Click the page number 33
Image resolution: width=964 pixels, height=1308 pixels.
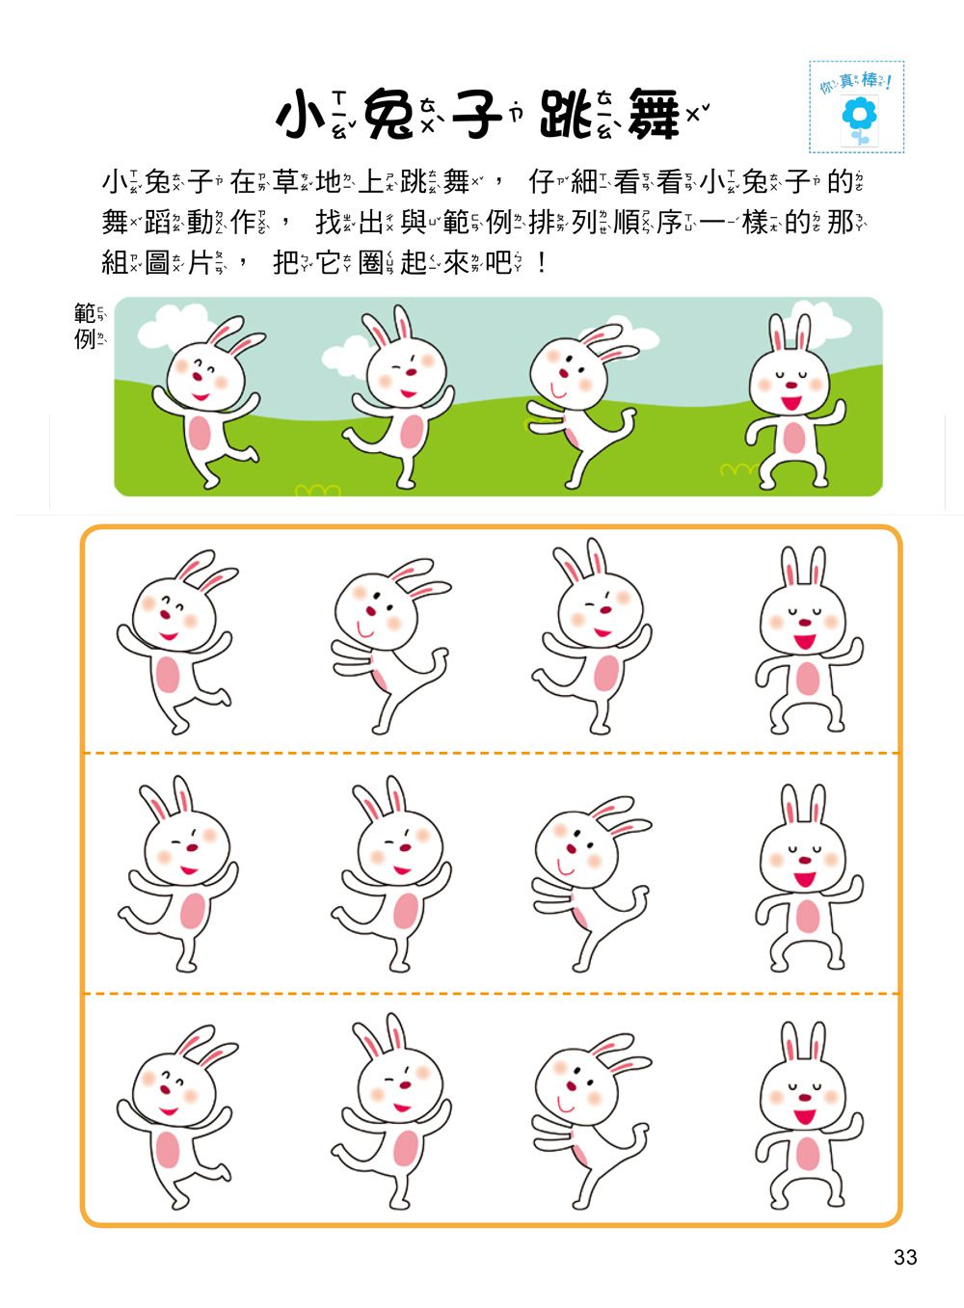[904, 1257]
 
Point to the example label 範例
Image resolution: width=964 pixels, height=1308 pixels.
[86, 326]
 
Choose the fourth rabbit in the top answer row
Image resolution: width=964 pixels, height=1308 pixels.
[806, 641]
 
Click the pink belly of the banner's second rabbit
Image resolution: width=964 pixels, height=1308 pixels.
[411, 430]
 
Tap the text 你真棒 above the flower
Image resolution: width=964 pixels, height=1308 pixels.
[856, 82]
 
